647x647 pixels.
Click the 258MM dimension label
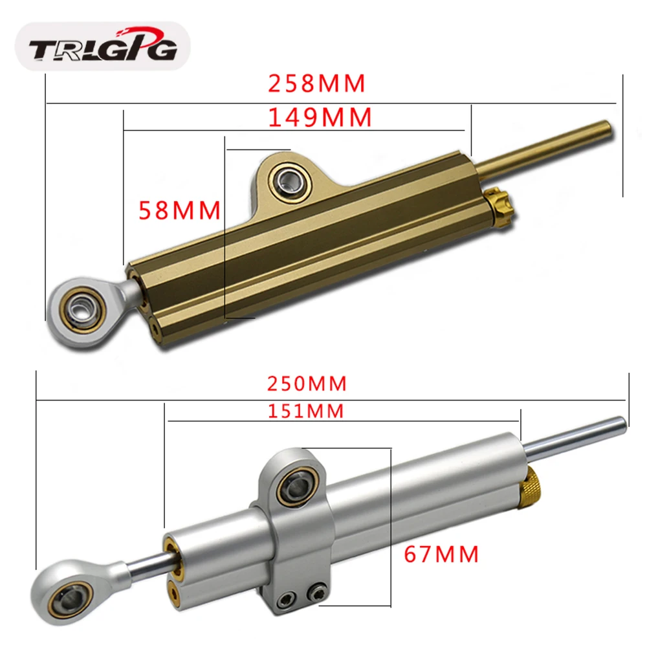tap(317, 83)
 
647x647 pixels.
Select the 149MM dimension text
tap(320, 117)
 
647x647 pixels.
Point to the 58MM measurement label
tap(180, 210)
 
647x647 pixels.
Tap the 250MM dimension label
tap(307, 383)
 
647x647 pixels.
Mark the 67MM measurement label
tap(441, 554)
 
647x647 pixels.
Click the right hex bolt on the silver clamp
tap(316, 591)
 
